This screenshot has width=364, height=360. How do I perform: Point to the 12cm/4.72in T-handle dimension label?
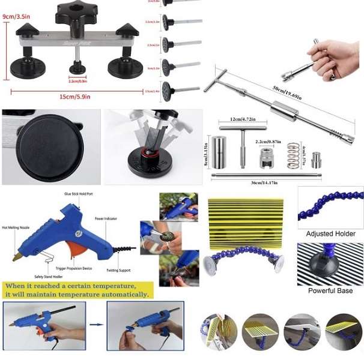[242, 120]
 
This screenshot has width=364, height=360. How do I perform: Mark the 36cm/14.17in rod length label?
[264, 182]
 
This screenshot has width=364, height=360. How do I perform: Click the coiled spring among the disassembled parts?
[293, 155]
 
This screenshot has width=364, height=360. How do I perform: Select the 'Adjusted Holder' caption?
[330, 234]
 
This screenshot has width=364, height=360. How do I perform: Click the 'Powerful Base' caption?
[330, 291]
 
